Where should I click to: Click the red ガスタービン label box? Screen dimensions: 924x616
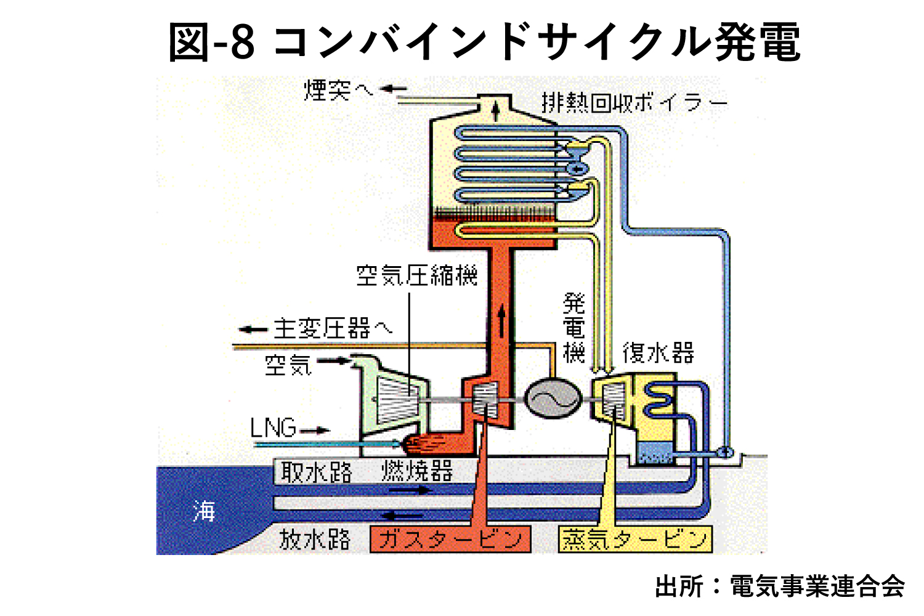pyautogui.click(x=450, y=539)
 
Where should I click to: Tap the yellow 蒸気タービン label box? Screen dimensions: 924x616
pyautogui.click(x=635, y=539)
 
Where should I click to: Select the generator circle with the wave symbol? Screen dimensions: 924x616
pyautogui.click(x=553, y=398)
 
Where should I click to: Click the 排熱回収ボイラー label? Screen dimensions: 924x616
pyautogui.click(x=634, y=103)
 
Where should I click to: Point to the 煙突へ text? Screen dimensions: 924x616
pyautogui.click(x=339, y=90)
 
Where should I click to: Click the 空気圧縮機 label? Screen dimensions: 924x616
pyautogui.click(x=417, y=275)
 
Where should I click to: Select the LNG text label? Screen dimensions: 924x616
pyautogui.click(x=273, y=428)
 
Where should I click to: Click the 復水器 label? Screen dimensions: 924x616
pyautogui.click(x=659, y=353)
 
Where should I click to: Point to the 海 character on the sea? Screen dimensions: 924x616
pyautogui.click(x=204, y=511)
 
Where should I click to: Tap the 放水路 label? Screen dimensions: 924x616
pyautogui.click(x=315, y=539)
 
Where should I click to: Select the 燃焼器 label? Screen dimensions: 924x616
pyautogui.click(x=417, y=471)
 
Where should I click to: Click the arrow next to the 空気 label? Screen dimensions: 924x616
pyautogui.click(x=333, y=361)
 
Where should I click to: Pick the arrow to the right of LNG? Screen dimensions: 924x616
pyautogui.click(x=315, y=431)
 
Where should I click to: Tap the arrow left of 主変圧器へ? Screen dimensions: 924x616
pyautogui.click(x=253, y=329)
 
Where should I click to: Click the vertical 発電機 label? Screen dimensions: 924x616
pyautogui.click(x=573, y=328)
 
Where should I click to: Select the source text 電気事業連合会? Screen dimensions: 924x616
pyautogui.click(x=817, y=586)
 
